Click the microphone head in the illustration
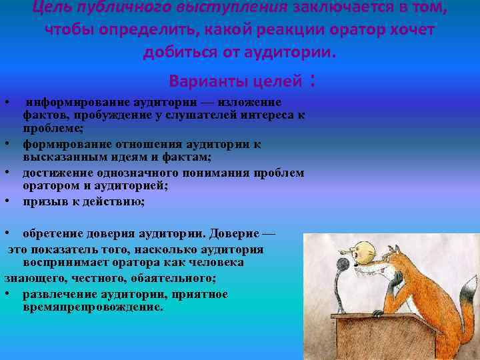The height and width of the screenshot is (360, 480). point(343,265)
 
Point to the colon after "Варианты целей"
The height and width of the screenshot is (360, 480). point(311,82)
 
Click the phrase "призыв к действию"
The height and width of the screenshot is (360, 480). point(83,201)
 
